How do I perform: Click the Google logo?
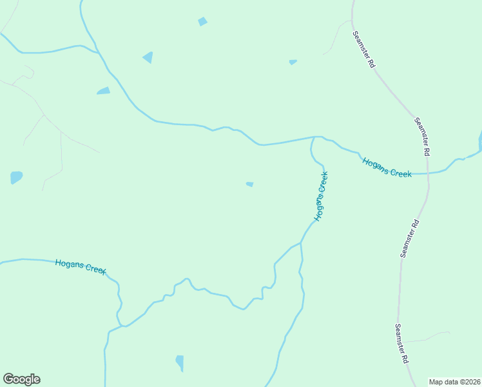21,379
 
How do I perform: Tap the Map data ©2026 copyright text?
454,382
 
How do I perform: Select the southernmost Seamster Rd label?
403,344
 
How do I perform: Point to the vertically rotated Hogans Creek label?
321,196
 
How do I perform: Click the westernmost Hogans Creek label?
81,266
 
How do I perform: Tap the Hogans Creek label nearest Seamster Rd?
387,167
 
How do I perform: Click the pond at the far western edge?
16,177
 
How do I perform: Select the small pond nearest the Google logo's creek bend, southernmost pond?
180,363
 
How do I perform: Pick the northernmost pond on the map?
202,22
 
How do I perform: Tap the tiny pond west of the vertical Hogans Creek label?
249,184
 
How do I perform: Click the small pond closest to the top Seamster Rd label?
293,62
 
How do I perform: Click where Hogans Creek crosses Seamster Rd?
428,172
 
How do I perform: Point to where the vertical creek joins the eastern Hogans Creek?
314,137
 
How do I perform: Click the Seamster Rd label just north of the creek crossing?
422,137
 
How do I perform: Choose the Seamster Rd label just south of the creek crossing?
410,239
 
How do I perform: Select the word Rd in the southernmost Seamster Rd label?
407,358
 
